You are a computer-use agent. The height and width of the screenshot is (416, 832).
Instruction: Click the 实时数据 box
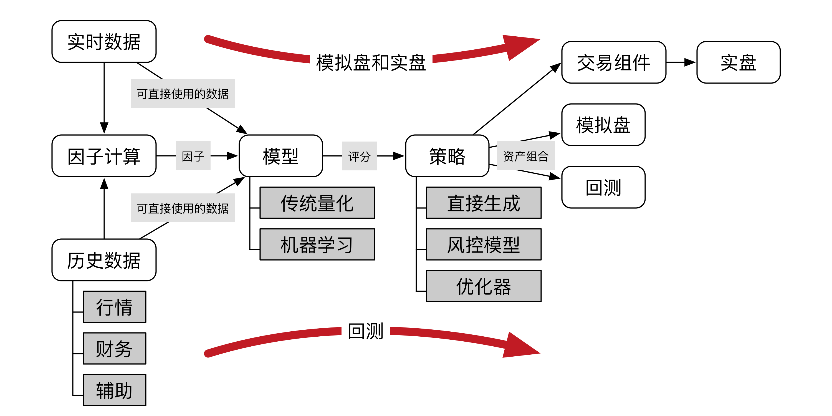104,42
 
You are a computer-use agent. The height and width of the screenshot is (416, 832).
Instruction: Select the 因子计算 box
104,156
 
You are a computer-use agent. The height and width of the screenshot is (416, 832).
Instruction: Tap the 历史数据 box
104,260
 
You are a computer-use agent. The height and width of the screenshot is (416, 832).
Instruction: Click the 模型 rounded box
281,156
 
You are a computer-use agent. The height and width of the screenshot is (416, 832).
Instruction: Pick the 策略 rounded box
447,156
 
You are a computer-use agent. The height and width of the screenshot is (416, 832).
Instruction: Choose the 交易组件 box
614,62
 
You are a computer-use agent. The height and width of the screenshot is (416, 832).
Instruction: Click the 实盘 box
738,62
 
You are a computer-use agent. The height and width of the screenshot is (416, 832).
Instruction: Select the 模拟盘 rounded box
603,125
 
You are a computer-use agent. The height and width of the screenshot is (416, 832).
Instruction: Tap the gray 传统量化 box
317,203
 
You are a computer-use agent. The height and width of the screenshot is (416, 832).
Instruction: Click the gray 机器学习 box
317,244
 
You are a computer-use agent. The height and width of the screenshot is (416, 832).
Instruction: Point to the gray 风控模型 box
484,244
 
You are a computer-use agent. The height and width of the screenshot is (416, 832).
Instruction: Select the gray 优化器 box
484,286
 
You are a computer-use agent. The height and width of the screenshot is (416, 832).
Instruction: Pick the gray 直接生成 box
484,203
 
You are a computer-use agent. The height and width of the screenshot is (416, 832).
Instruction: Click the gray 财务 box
114,349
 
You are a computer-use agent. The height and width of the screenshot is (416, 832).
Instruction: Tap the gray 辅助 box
114,390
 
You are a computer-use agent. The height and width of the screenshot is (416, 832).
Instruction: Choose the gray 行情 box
114,307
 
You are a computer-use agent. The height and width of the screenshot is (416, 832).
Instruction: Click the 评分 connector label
360,156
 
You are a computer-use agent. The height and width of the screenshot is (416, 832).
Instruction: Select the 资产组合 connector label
526,156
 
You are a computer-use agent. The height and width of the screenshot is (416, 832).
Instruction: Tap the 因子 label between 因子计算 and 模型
193,156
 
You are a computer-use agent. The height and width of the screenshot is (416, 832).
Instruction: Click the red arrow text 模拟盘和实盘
371,62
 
